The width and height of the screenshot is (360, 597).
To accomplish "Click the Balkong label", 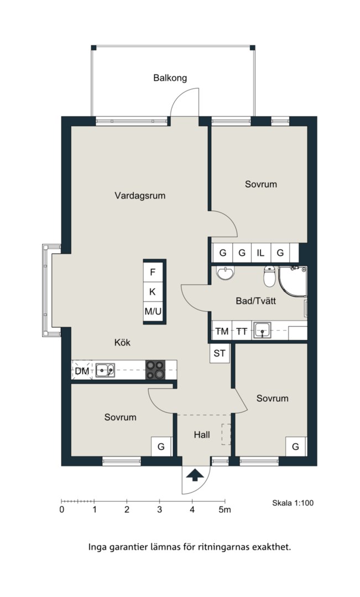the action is click(x=170, y=78).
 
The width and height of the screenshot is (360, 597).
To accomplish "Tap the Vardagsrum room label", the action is click(x=140, y=196).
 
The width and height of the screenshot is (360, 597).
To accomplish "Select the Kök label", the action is click(x=122, y=342).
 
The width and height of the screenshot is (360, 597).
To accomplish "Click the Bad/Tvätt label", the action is click(x=255, y=301).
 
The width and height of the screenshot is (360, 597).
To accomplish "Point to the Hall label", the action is click(x=201, y=435).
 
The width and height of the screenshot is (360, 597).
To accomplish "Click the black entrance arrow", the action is click(x=195, y=475).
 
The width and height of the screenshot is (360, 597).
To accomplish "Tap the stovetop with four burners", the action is click(x=155, y=370).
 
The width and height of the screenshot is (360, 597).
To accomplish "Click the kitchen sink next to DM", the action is click(x=105, y=370).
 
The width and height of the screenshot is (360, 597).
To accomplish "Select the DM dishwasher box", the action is click(x=82, y=370).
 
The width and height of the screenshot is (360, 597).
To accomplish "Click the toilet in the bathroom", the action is click(x=269, y=276).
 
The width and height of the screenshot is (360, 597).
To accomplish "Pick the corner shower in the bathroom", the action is click(x=293, y=281).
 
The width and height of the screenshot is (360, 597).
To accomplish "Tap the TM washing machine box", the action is click(x=222, y=331).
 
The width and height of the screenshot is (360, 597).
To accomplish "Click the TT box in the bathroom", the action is click(x=242, y=331).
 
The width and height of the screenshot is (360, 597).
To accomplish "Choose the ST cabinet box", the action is click(x=220, y=353).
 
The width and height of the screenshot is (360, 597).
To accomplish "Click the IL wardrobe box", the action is click(x=261, y=253).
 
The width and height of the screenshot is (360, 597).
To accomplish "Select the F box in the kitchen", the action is click(x=153, y=272).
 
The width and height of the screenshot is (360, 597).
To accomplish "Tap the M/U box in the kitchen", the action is click(x=153, y=312).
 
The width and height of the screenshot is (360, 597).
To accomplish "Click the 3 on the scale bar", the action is click(x=160, y=510).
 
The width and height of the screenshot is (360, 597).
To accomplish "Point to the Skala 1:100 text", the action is click(x=293, y=503).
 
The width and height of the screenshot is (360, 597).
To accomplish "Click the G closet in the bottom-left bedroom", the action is click(x=161, y=446).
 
